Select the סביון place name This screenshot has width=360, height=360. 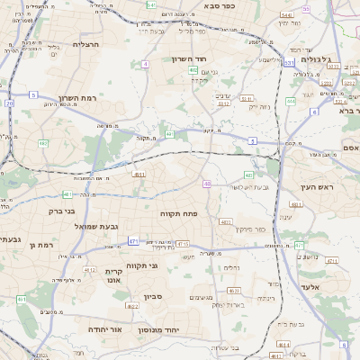click(x=151, y=296)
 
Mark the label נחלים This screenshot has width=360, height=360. click(x=231, y=267)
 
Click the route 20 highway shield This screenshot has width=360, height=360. click(x=9, y=103)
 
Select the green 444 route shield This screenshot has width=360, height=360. click(x=291, y=101)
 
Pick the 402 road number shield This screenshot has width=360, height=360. click(x=193, y=69)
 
